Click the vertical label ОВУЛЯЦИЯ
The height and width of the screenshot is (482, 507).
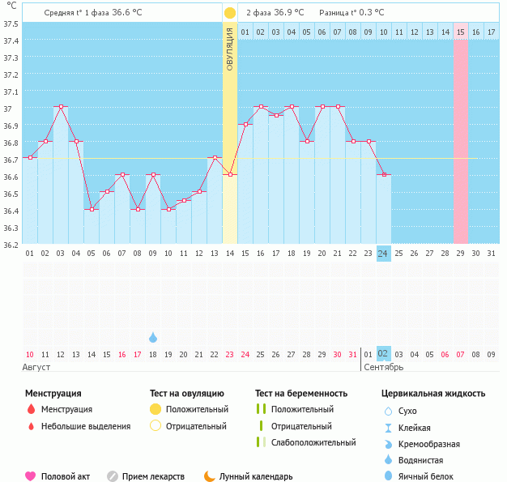230,49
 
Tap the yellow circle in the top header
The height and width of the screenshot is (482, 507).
230,13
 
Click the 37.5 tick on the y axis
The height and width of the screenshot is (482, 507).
11,23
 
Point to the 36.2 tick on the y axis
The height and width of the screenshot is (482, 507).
11,244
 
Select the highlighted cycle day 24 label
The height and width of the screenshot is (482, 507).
383,254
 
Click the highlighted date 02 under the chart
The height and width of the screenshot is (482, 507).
383,354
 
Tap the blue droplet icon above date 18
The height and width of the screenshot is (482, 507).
153,337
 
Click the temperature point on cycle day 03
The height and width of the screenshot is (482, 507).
60,107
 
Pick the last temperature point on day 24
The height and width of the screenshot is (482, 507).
383,175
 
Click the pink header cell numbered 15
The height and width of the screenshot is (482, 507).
460,32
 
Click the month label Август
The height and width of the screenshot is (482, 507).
36,368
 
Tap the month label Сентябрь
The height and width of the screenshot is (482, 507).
383,368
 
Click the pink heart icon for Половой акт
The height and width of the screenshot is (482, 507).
31,476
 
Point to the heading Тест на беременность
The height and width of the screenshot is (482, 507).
306,393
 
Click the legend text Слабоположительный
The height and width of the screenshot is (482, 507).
313,442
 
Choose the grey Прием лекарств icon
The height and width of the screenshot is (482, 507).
112,476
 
